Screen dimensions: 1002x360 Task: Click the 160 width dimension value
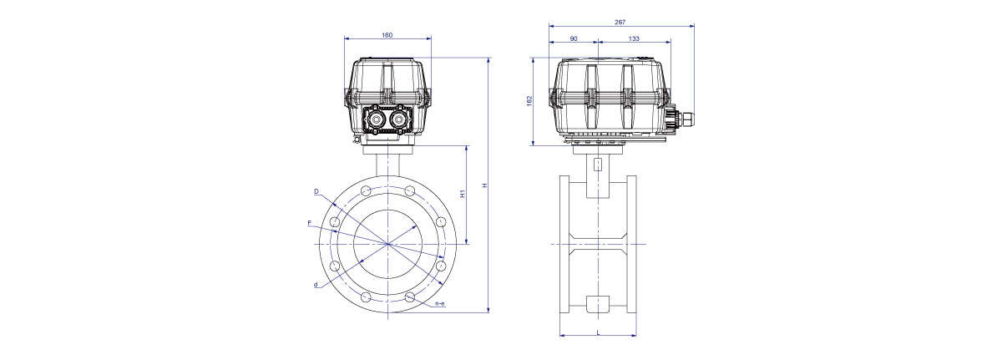pos(387,35)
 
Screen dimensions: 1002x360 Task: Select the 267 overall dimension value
pos(620,22)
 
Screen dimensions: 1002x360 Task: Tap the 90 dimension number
pos(574,39)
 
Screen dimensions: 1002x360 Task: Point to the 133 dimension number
pos(634,39)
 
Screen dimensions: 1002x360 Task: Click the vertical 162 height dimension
pos(529,101)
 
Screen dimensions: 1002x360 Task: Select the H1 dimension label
pos(463,193)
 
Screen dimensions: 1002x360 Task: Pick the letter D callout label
pos(316,191)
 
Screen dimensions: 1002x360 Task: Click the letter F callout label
pos(309,223)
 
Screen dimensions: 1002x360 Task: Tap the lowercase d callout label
pos(316,285)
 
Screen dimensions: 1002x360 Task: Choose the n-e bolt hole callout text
pos(440,304)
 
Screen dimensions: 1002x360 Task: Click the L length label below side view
pos(598,332)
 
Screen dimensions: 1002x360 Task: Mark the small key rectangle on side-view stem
pos(598,165)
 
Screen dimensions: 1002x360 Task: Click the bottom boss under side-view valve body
pos(598,304)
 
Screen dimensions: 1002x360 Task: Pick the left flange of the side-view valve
pos(564,244)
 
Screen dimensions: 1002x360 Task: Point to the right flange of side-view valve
pos(631,244)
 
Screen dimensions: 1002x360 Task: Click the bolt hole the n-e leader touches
pos(409,297)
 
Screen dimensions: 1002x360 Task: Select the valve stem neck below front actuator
pos(387,165)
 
